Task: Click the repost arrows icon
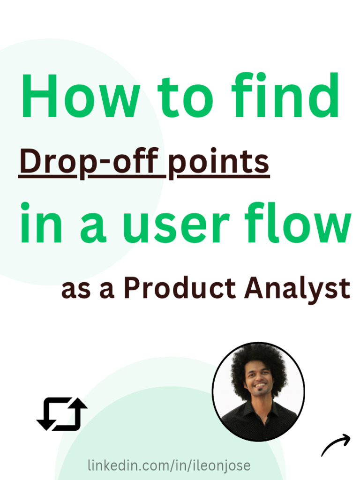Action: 62,414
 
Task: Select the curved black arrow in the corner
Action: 336,445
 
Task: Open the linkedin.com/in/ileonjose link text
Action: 169,466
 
